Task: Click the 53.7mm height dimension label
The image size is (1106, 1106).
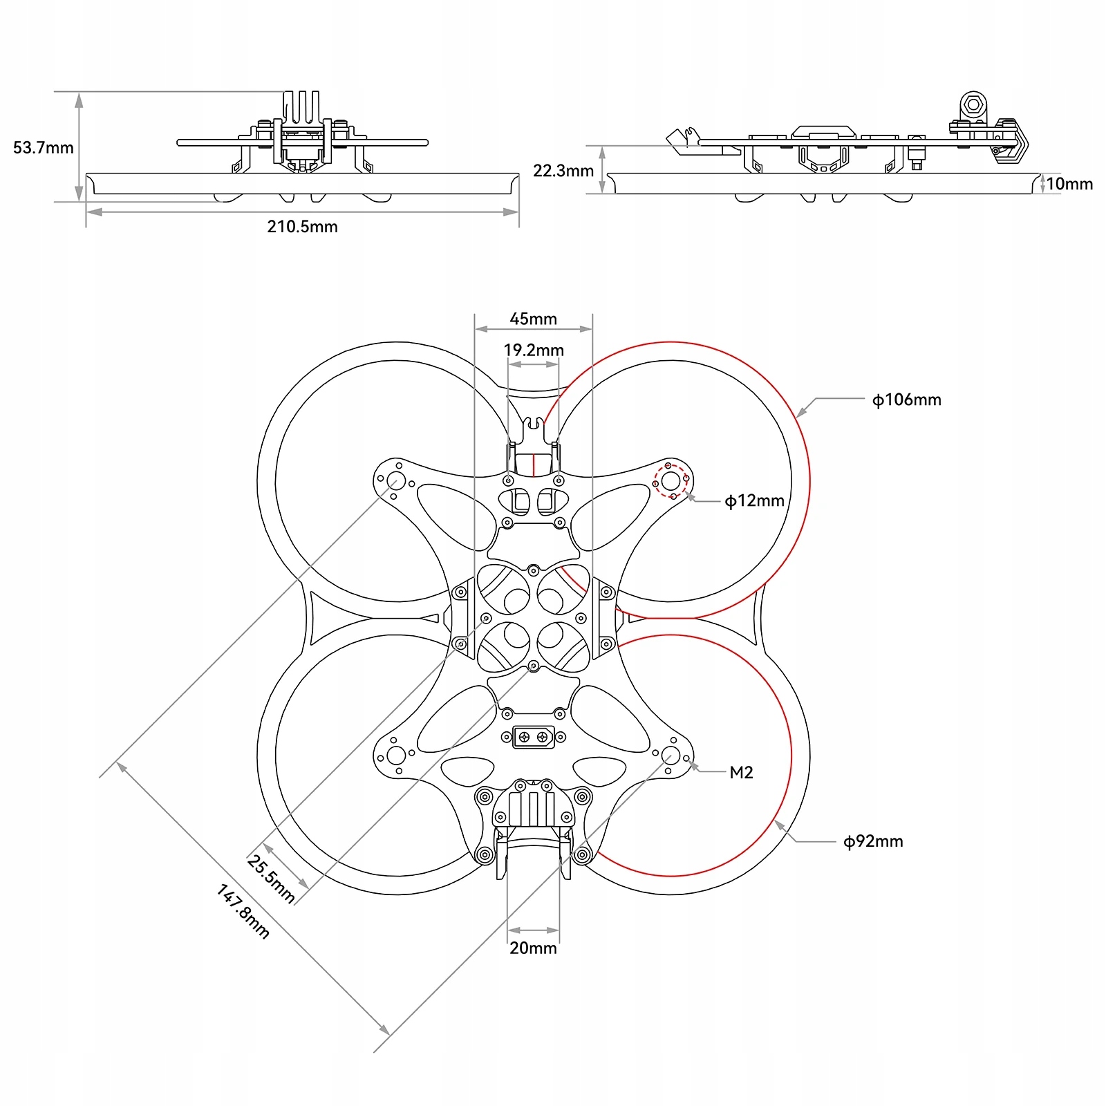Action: click(43, 148)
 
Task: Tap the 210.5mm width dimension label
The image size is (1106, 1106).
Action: click(302, 227)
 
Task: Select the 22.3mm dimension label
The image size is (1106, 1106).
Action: click(563, 171)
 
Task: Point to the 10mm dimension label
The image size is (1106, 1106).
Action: click(1069, 184)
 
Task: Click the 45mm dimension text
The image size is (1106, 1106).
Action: click(533, 319)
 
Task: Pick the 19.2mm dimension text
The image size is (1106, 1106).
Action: click(533, 350)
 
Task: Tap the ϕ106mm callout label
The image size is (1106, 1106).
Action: click(906, 400)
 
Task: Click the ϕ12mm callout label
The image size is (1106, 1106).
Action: click(754, 501)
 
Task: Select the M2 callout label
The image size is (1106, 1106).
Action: click(741, 773)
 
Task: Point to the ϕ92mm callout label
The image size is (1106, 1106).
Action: click(873, 842)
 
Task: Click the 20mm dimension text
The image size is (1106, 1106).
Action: click(533, 948)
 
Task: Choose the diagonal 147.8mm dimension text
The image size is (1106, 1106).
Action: click(243, 912)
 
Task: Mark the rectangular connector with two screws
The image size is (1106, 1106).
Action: click(533, 738)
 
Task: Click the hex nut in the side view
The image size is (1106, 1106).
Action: click(973, 105)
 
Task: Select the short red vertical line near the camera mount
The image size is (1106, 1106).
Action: click(534, 465)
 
